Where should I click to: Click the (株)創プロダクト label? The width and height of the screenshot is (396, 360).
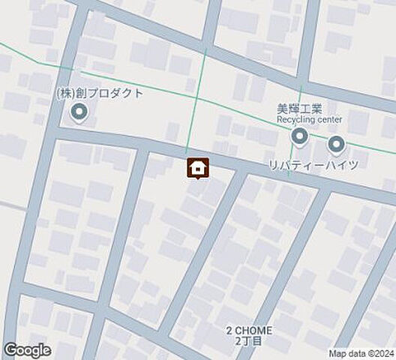(99, 94)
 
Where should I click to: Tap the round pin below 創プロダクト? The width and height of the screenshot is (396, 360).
(79, 113)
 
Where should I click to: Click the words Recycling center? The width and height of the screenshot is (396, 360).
(309, 119)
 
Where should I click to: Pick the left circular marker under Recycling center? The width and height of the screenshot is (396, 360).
(299, 137)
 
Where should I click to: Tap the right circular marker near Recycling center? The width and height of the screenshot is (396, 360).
(335, 142)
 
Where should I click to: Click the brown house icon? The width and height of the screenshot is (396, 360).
(197, 168)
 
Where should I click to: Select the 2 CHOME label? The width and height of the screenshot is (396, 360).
(250, 330)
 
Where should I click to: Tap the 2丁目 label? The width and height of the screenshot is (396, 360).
(250, 341)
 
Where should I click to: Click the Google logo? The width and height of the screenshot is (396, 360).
(28, 349)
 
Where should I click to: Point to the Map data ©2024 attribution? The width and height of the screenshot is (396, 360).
(361, 354)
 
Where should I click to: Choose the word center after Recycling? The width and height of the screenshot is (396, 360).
(331, 119)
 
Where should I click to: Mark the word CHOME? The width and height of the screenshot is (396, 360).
(255, 330)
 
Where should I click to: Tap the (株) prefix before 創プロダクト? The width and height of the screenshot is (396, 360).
(65, 94)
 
